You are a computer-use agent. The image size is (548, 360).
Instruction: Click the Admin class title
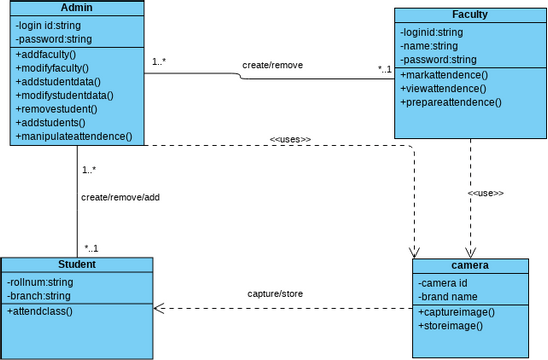77,8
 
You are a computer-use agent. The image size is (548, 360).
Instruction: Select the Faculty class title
469,15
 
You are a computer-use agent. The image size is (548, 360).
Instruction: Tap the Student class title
77,264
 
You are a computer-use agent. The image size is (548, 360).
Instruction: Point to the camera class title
469,266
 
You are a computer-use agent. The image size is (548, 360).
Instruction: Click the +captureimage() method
456,312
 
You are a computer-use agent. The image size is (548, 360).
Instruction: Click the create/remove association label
272,65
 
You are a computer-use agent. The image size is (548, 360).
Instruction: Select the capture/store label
275,294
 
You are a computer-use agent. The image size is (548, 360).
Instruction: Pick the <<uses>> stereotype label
290,139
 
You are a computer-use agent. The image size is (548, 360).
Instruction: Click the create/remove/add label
120,197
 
